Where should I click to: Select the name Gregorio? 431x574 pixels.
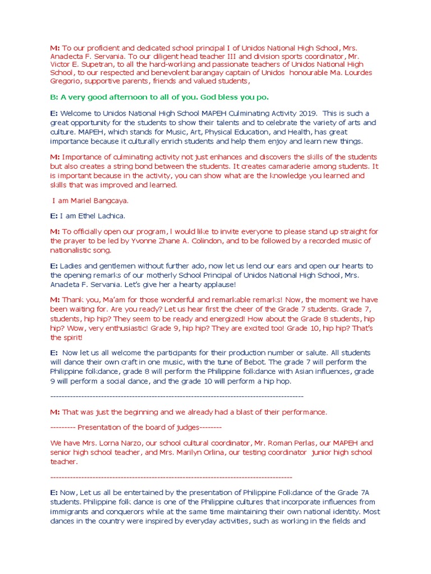click(x=66, y=82)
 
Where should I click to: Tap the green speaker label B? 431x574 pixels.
click(x=54, y=97)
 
